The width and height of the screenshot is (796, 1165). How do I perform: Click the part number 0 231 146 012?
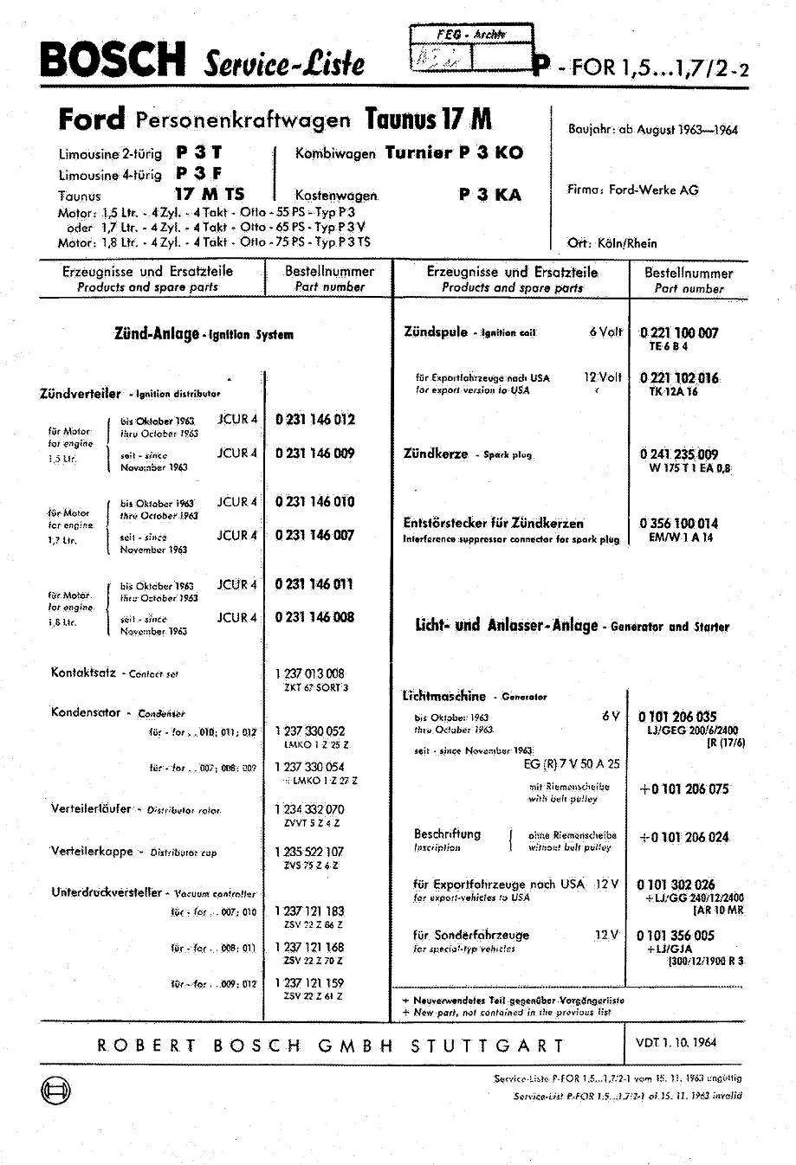click(315, 420)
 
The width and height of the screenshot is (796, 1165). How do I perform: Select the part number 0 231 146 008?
click(315, 617)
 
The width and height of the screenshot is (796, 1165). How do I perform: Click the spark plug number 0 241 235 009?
click(679, 454)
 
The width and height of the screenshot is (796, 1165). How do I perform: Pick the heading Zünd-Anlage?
click(157, 333)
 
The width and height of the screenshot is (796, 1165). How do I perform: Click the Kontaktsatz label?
click(84, 672)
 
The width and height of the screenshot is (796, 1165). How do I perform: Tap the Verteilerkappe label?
click(92, 852)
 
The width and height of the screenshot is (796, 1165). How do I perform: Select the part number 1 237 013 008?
click(310, 673)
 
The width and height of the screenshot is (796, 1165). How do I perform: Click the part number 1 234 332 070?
click(310, 809)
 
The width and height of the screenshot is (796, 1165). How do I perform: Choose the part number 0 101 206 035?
click(677, 717)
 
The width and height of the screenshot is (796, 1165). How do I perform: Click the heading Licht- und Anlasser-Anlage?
click(507, 626)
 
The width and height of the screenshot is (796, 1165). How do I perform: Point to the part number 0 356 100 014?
click(679, 523)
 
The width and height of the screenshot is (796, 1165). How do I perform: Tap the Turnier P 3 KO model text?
click(454, 153)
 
